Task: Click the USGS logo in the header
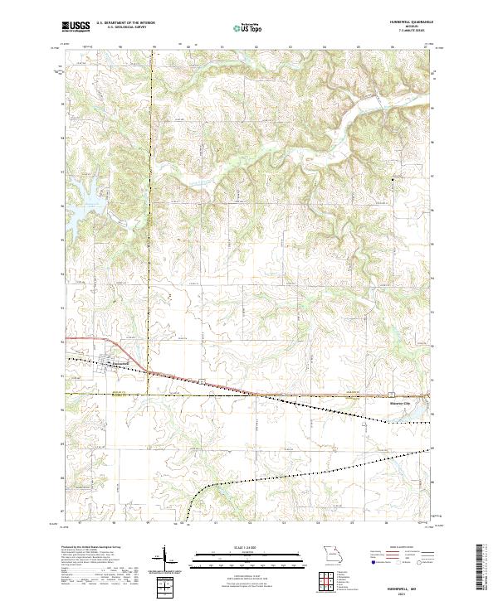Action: click(76, 27)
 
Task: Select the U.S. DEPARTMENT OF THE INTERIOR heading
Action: click(125, 22)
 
